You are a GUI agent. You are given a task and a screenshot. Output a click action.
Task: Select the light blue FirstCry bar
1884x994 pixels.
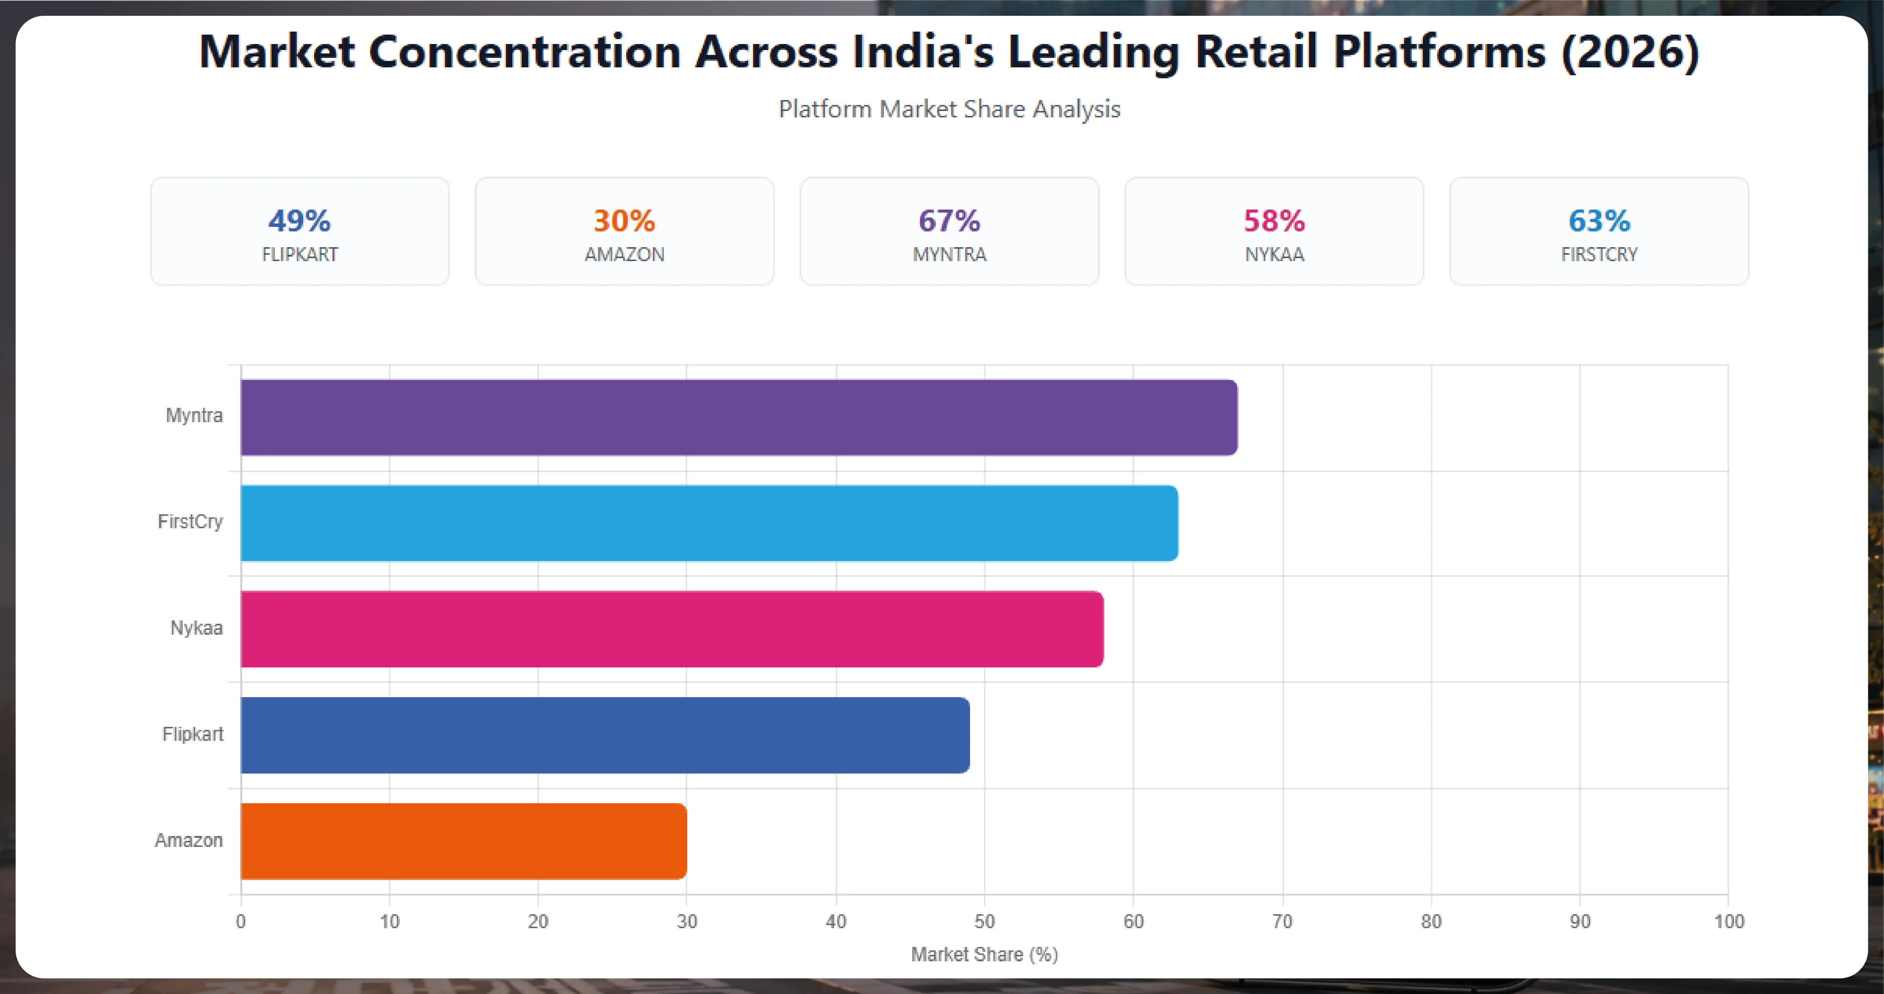(x=709, y=523)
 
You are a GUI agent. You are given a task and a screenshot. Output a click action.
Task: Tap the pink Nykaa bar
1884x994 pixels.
(x=672, y=629)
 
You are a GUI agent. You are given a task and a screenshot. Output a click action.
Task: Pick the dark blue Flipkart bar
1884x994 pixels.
(x=605, y=735)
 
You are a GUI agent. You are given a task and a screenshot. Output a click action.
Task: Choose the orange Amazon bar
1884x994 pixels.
(x=464, y=841)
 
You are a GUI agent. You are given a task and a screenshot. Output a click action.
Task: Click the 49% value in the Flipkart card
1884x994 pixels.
(x=299, y=221)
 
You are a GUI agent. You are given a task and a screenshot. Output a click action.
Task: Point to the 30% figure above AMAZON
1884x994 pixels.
(x=624, y=221)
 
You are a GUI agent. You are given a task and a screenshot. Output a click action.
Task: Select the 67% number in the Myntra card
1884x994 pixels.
(x=949, y=221)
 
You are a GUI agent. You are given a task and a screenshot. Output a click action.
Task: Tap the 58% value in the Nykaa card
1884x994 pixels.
(x=1274, y=221)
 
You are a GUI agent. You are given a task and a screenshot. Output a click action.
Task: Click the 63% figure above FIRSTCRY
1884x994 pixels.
(x=1599, y=221)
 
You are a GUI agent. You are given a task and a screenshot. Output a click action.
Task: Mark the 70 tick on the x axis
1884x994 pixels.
(x=1282, y=922)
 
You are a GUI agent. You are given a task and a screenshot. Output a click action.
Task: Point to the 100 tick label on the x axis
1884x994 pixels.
(x=1729, y=922)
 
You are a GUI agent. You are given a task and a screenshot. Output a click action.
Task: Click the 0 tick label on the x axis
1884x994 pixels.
(x=241, y=922)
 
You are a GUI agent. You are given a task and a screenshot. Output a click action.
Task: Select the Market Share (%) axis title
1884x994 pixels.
(x=984, y=954)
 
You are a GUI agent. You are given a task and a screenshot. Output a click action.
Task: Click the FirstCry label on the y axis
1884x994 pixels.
(x=190, y=521)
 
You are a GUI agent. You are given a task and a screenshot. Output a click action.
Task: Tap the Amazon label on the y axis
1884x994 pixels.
(x=189, y=840)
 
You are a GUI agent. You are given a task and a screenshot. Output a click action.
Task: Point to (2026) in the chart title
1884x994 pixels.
(x=1629, y=53)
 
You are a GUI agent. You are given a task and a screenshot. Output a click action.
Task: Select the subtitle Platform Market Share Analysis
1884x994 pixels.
(x=949, y=109)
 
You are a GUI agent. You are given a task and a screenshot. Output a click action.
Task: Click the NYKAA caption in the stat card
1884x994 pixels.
(x=1274, y=255)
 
